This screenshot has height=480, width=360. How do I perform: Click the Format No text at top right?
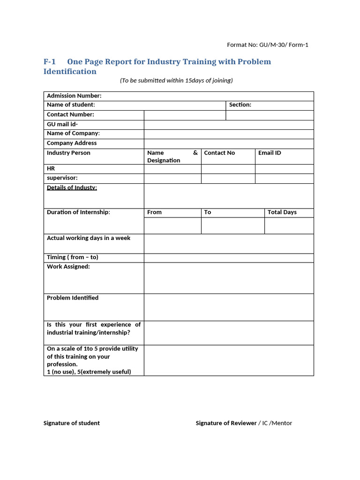tap(268, 45)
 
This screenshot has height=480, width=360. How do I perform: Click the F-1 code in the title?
tap(50, 62)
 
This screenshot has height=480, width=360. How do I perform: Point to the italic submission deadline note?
tap(176, 81)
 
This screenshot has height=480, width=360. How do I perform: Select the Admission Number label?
tap(74, 96)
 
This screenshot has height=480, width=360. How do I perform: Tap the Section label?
tap(240, 105)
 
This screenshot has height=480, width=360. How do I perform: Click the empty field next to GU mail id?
tap(229, 125)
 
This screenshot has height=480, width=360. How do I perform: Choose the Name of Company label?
tap(73, 134)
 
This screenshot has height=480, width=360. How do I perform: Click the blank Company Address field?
tap(229, 144)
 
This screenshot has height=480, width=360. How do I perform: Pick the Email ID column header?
tap(270, 153)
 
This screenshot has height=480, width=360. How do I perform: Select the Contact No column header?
tap(219, 153)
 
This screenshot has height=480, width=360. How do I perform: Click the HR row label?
tap(51, 168)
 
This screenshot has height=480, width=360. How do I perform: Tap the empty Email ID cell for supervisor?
tap(284, 179)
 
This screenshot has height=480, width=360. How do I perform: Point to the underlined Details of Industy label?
tap(72, 188)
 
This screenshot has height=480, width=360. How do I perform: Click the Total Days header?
tap(282, 212)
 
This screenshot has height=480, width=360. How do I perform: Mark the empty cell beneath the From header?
tap(172, 225)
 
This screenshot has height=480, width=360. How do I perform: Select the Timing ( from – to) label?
tap(73, 257)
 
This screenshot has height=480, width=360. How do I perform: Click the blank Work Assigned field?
tap(229, 278)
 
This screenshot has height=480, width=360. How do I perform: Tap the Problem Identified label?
tap(73, 298)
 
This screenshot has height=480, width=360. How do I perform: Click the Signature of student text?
tap(72, 423)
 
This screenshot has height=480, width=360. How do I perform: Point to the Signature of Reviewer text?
tap(226, 423)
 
